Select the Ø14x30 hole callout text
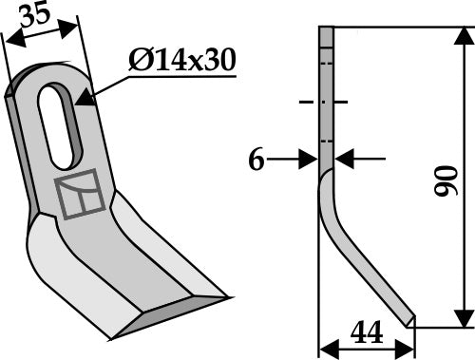coord(180,62)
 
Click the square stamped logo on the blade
coord(77,194)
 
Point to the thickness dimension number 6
coord(256,161)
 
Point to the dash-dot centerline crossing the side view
coord(324,102)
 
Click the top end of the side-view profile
coord(325,30)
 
